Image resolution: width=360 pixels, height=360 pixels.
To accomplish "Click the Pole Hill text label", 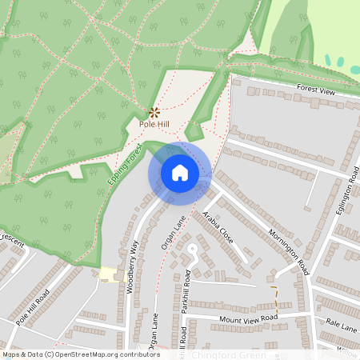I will tap(154, 125).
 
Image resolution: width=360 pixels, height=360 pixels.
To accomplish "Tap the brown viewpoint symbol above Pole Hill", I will tap(154, 112).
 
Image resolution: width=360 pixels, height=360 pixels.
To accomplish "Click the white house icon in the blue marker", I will tap(180, 173).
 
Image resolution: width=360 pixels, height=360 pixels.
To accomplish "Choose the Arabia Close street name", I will tap(217, 227).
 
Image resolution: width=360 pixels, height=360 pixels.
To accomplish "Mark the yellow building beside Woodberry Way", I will tap(108, 274).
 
